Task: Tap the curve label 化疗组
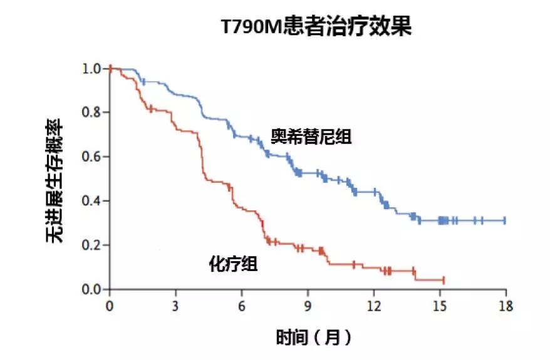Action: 232,264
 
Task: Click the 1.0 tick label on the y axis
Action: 92,68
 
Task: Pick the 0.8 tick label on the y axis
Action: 92,113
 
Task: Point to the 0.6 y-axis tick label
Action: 92,157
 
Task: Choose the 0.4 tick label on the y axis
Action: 92,201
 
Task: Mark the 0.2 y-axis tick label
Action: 92,245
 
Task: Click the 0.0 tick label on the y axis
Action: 92,289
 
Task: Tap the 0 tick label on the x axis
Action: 110,306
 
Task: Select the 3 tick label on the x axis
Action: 175,306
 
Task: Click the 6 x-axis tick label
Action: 242,306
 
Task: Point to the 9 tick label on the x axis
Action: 308,306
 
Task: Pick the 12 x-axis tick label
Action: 373,306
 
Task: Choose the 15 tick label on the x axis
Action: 440,306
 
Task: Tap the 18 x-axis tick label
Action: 506,306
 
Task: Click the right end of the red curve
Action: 444,280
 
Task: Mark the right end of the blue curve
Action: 505,220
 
